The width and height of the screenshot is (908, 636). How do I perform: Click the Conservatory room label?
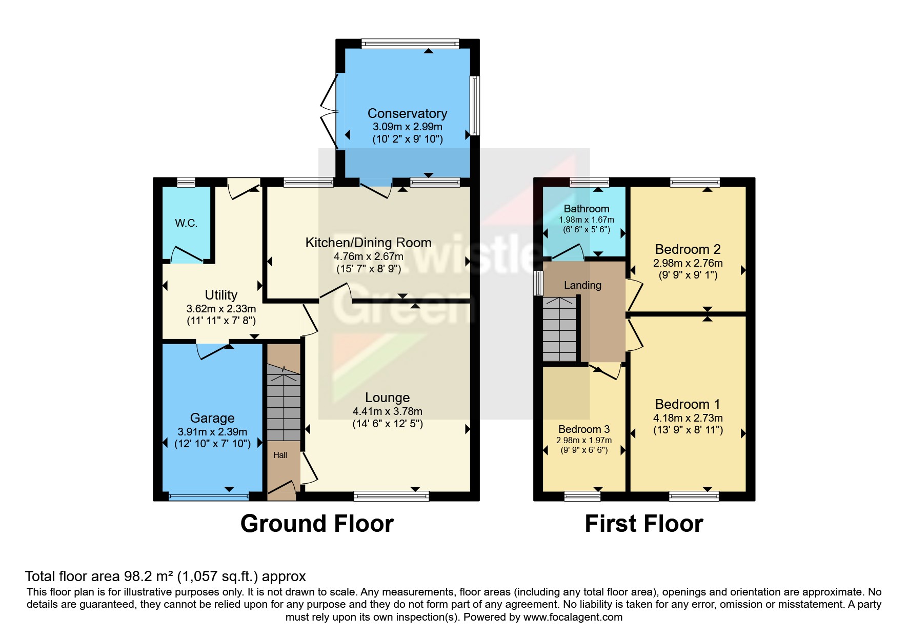tap(407, 113)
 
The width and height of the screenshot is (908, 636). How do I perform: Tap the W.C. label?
tap(186, 223)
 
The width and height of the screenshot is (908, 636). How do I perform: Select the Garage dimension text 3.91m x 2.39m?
tap(212, 432)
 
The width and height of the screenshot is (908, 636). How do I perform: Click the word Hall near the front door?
tap(280, 455)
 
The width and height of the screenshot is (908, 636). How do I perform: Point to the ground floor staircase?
tap(283, 405)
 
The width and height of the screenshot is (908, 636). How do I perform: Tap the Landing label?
tap(582, 285)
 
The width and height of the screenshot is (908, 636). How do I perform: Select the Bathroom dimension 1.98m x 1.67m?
tap(586, 220)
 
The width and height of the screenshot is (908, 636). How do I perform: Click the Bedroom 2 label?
tap(688, 249)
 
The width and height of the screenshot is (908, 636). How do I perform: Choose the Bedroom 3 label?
tap(584, 429)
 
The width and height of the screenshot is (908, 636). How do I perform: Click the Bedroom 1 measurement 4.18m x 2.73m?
tap(688, 418)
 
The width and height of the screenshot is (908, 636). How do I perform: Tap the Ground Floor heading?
tap(317, 524)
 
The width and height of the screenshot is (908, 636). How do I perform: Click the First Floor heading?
tap(643, 524)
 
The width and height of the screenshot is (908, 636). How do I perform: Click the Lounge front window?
tap(391, 495)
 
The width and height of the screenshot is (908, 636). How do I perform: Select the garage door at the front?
tap(208, 496)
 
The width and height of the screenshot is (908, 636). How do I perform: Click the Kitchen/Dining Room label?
tap(368, 243)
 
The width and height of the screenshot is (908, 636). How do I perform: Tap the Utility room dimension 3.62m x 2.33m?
tap(221, 309)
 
